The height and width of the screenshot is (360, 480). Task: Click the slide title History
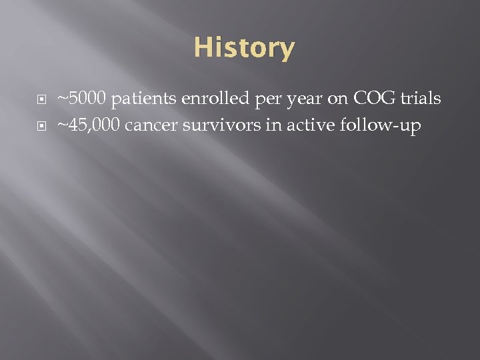click(244, 49)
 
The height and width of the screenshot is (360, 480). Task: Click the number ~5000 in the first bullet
click(82, 99)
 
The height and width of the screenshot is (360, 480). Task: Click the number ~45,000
click(88, 126)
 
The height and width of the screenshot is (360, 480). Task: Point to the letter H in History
click(203, 48)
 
